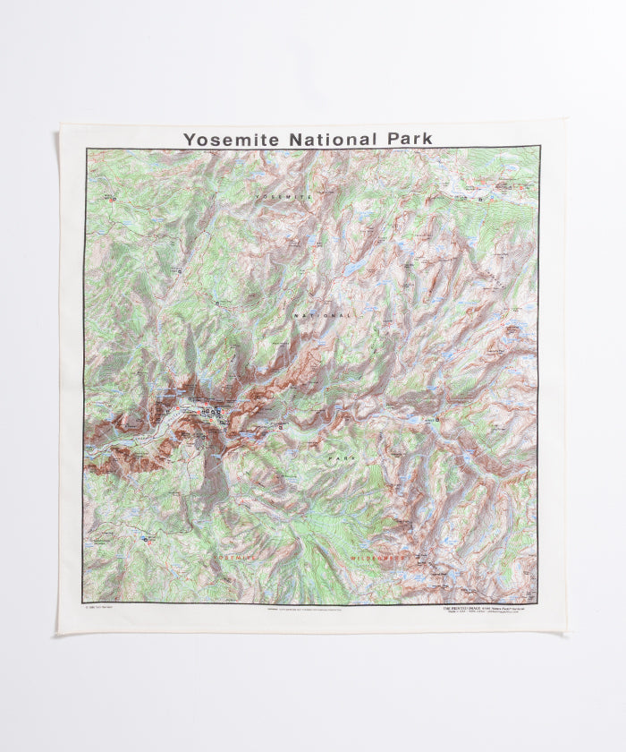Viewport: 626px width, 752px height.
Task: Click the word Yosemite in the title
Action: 231,140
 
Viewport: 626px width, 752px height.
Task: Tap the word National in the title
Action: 331,139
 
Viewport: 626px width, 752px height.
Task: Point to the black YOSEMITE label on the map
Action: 283,194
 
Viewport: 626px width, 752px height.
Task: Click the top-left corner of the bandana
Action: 60,125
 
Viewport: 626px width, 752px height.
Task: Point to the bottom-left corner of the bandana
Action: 60,633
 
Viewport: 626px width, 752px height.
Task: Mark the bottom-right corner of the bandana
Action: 567,634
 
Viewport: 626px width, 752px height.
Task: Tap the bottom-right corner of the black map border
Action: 538,602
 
